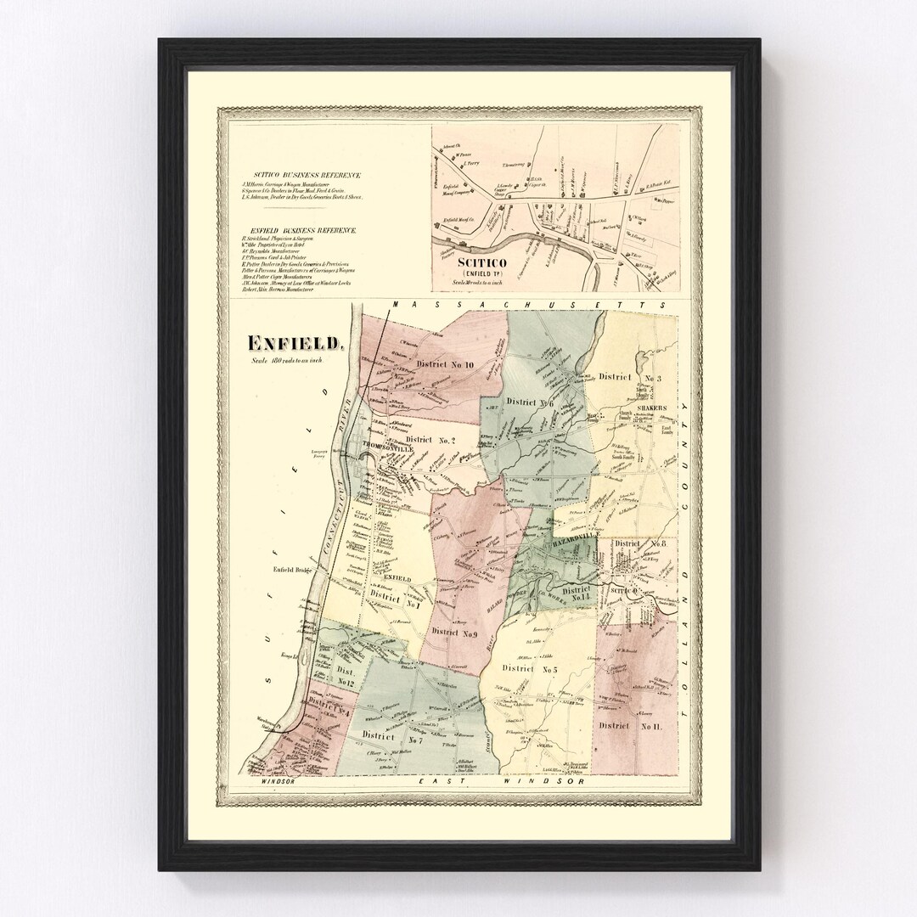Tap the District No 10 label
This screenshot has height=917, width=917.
point(445,363)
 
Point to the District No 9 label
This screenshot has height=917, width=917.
point(454,632)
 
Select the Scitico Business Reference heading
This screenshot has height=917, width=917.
point(300,176)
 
